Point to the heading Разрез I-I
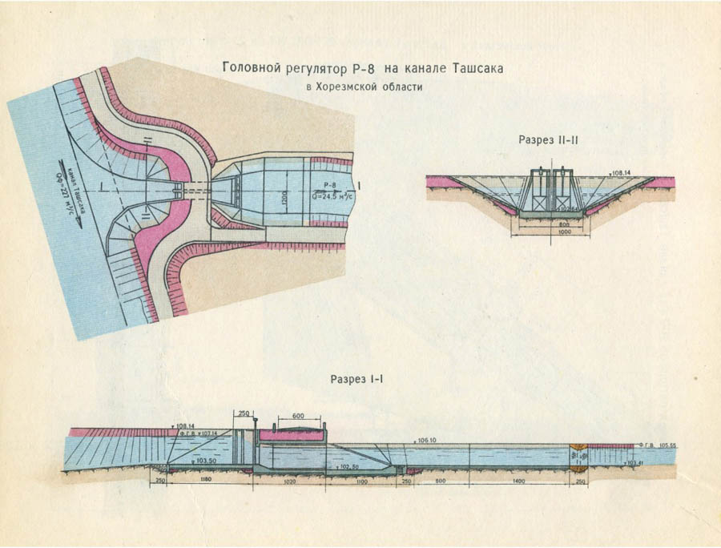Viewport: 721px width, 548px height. [356, 377]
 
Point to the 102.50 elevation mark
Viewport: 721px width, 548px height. [349, 465]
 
